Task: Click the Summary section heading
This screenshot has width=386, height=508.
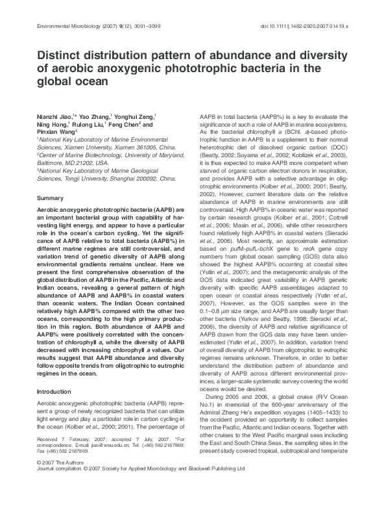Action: tap(50, 197)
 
